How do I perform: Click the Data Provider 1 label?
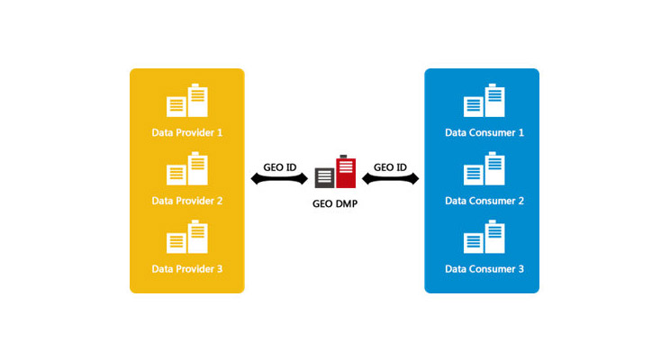(186, 132)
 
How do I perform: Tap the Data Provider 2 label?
(186, 201)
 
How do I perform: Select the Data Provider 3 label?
(186, 269)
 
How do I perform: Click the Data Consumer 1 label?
(484, 132)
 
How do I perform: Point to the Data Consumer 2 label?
(484, 201)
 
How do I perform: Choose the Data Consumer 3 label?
(484, 269)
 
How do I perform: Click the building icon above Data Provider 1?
(187, 101)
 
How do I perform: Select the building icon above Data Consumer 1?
(484, 101)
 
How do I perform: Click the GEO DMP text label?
(334, 203)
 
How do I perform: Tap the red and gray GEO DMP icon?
(335, 172)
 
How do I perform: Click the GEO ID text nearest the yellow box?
(279, 166)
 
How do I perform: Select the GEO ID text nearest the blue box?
(390, 166)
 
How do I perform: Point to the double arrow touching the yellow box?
(279, 179)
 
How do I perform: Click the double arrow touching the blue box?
(390, 179)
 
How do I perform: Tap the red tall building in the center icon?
(345, 170)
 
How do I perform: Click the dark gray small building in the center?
(324, 176)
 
